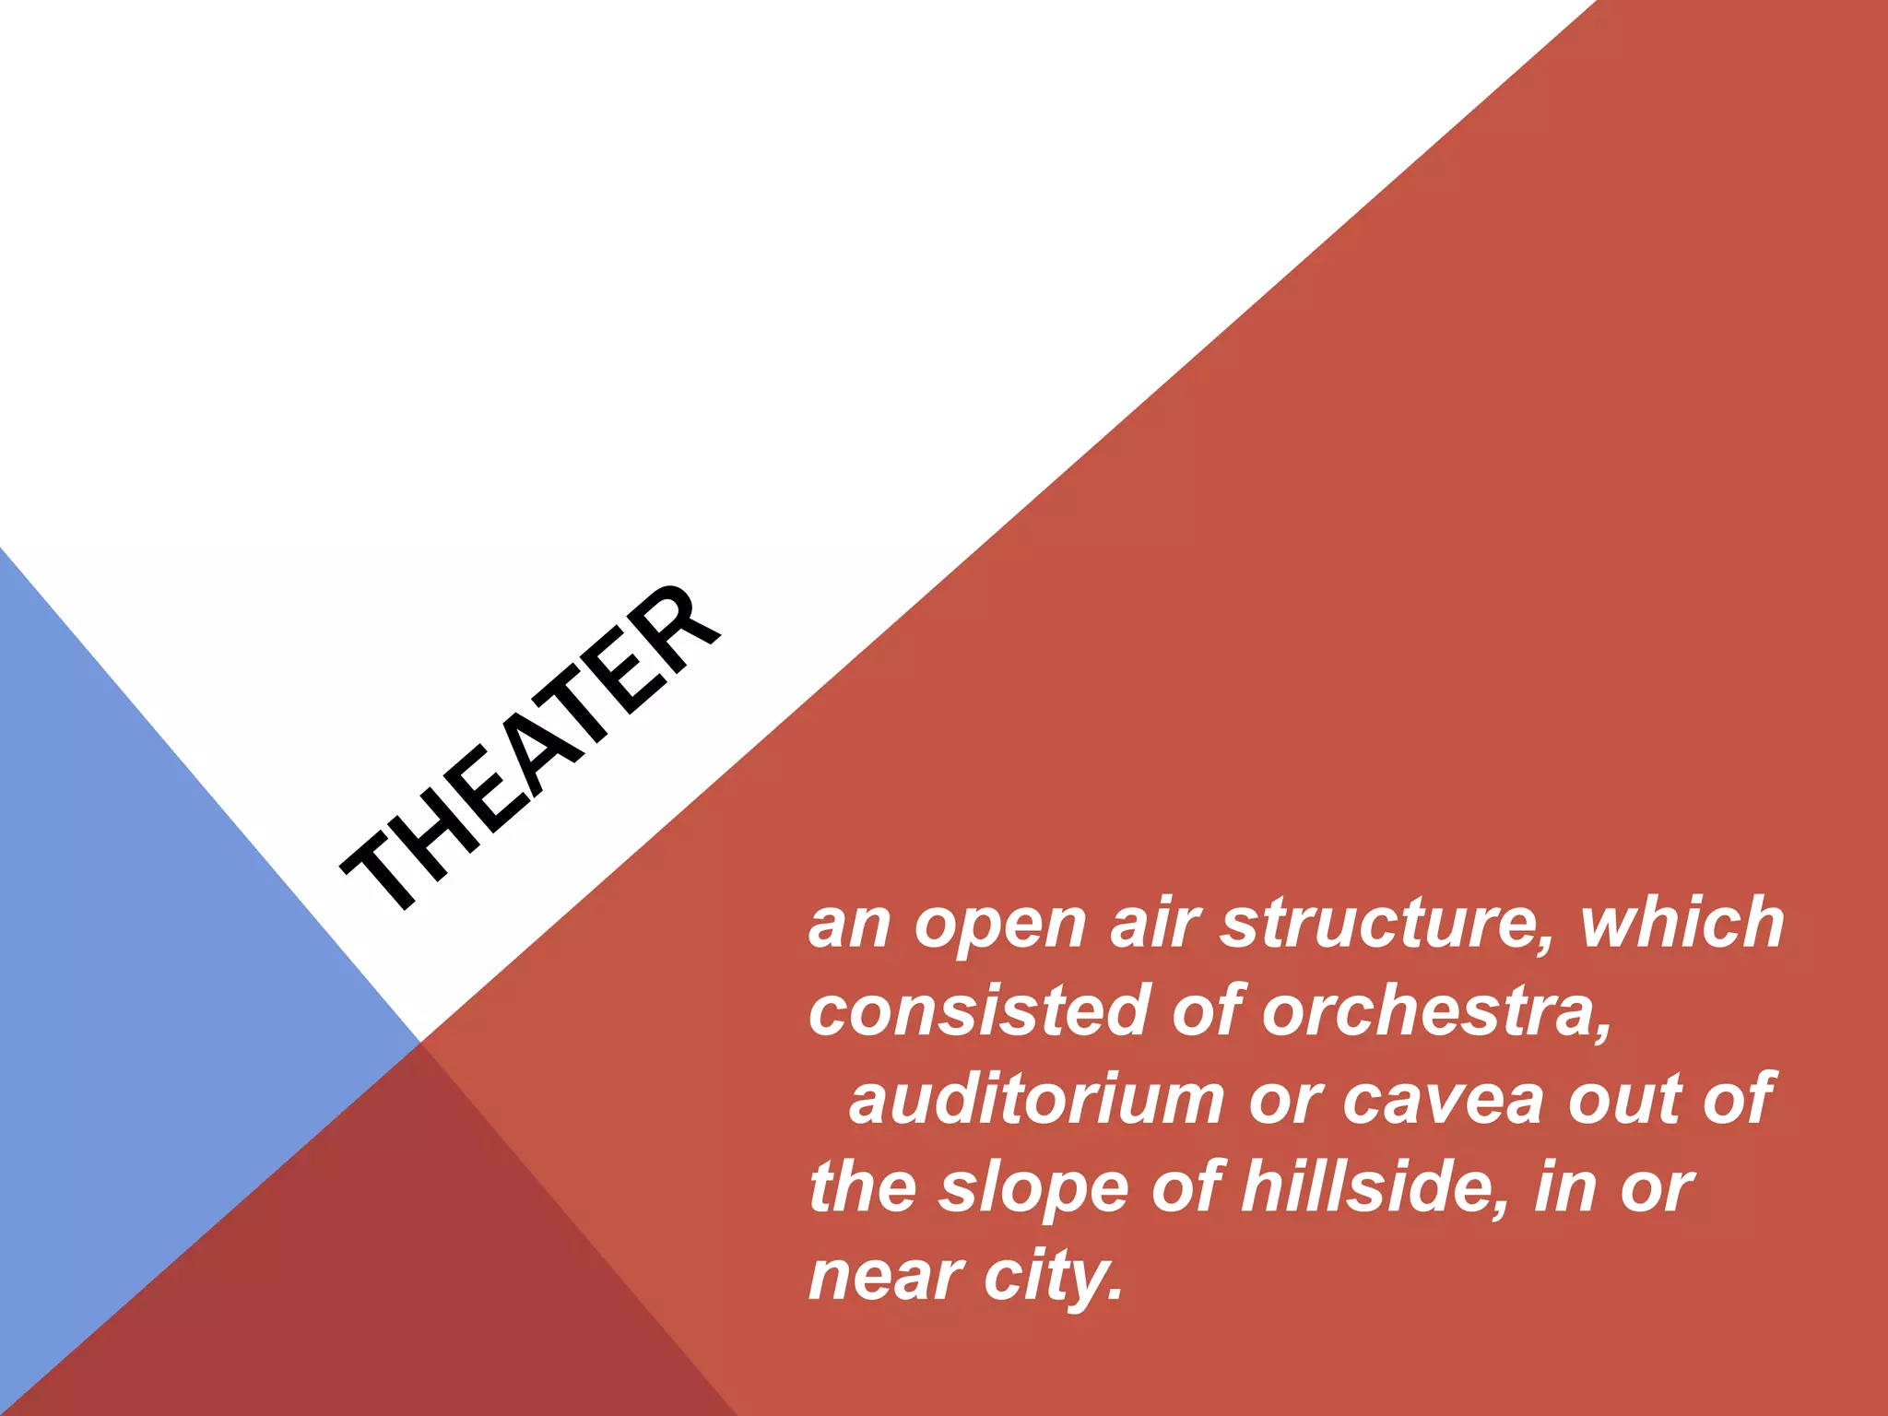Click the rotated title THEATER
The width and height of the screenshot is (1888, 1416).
[x=530, y=747]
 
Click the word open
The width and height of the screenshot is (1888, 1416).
[x=1000, y=925]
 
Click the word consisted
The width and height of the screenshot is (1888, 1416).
[x=977, y=1010]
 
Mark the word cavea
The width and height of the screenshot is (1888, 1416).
[x=1443, y=1099]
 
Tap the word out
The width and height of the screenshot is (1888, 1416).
[x=1623, y=1099]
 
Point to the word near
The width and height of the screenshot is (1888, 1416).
[x=885, y=1277]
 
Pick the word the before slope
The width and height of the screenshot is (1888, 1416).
[x=863, y=1187]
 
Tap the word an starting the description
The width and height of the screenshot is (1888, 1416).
[x=849, y=925]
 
